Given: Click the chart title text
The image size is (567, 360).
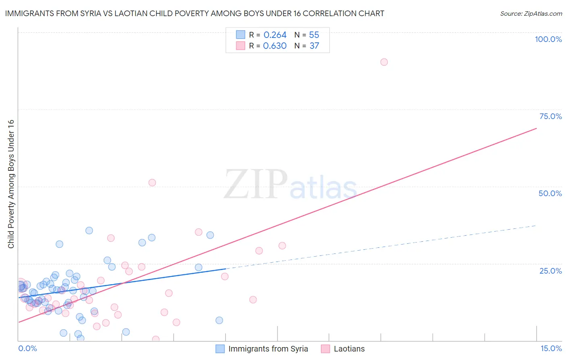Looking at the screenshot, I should tap(194, 13).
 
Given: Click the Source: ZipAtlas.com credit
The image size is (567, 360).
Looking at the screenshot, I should tap(531, 13).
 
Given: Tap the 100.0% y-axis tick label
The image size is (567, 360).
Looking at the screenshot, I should tap(548, 39).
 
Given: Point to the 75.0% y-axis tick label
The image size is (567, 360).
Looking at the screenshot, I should tap(550, 116).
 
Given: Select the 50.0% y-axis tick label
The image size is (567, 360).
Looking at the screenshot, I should tap(550, 193).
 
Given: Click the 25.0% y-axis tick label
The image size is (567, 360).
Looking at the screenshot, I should tap(550, 270).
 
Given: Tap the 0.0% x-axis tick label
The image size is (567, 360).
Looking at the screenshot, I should tap(27, 348).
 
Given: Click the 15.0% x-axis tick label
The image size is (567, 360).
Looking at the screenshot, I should tap(551, 348).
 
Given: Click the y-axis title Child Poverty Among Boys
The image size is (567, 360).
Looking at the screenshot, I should tap(11, 184).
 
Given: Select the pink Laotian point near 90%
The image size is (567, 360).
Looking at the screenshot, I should tap(384, 62).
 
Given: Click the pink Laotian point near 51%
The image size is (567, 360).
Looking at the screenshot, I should tap(152, 182).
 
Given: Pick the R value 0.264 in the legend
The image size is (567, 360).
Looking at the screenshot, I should tap(275, 35).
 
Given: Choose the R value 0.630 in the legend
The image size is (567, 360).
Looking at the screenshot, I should tap(275, 46).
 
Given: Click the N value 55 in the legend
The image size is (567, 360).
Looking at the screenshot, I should tap(314, 35).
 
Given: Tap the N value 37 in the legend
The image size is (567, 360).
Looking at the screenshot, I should tap(314, 46).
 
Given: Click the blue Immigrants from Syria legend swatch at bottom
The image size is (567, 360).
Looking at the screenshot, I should tap(220, 349).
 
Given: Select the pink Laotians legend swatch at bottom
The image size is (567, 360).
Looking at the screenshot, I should tap(325, 349).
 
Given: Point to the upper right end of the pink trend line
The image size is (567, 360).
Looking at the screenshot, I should tap(536, 128).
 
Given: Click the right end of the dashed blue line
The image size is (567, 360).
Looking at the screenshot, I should tap(536, 226).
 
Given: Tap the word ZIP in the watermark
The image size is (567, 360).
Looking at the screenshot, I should tap(255, 184).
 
